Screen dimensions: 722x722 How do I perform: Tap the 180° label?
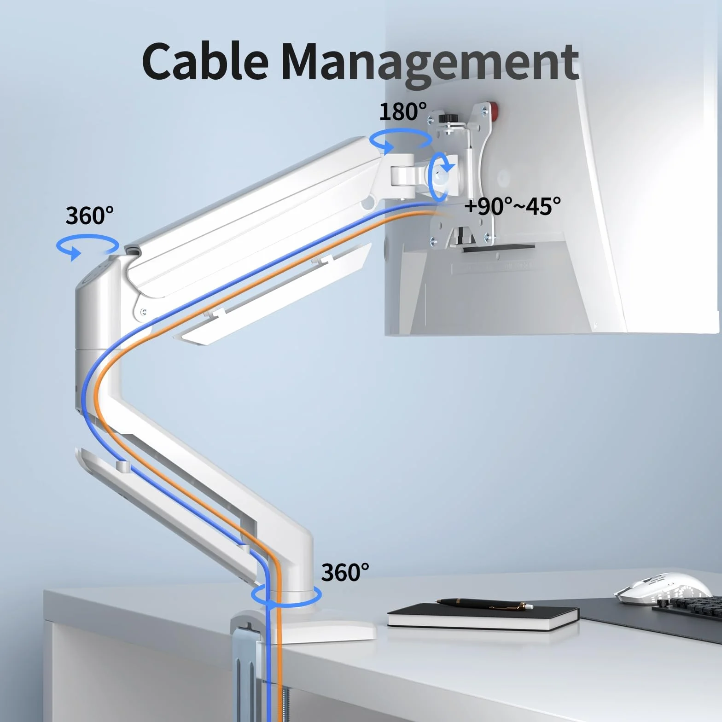coord(403,111)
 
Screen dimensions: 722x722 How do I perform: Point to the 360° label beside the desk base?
coord(345,572)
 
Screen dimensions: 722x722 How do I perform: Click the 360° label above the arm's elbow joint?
coord(89,215)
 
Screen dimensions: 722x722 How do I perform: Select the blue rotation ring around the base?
coord(286,596)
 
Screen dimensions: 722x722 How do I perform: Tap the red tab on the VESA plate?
coord(495,111)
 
